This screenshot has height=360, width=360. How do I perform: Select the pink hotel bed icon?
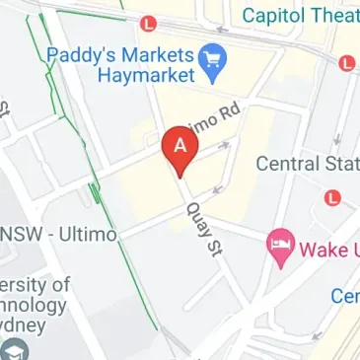pyautogui.click(x=282, y=248)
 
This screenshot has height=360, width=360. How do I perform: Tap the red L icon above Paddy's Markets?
pyautogui.click(x=149, y=22)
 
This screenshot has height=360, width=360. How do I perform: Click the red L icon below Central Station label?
pyautogui.click(x=332, y=197)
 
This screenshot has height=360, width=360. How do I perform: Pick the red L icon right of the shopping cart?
pyautogui.click(x=346, y=62)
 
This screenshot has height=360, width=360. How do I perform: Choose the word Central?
pyautogui.click(x=289, y=164)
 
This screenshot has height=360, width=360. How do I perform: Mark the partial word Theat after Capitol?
pyautogui.click(x=335, y=16)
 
